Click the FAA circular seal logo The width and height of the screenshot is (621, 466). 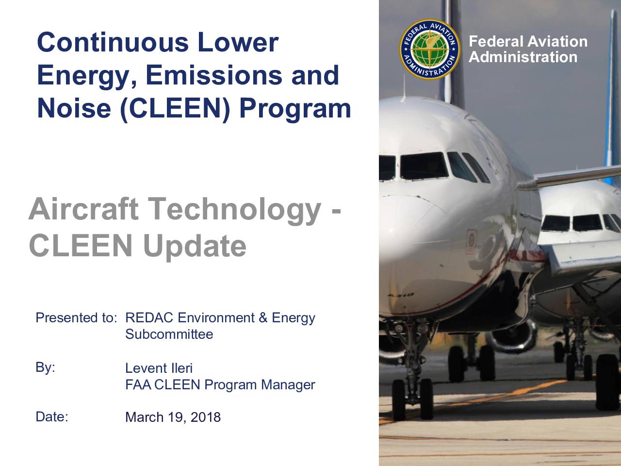point(430,49)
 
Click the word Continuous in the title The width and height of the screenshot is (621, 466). point(113,42)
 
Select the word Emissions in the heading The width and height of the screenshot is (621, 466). point(214,75)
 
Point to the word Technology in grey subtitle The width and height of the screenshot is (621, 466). point(234,211)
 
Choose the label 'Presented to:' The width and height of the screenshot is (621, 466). point(76,318)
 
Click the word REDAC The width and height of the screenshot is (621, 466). point(149,318)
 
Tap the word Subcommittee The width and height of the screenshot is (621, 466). point(169,334)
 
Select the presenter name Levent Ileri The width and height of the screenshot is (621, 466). point(159,368)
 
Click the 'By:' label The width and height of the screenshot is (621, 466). point(45,367)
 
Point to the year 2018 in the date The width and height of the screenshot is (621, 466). point(206,417)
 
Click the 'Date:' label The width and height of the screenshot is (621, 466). point(52,417)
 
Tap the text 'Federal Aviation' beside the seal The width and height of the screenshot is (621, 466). point(528,41)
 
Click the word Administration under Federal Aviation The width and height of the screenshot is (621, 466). point(523,57)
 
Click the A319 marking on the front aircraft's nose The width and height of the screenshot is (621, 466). point(401,295)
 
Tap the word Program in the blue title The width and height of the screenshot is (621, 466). point(295,109)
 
